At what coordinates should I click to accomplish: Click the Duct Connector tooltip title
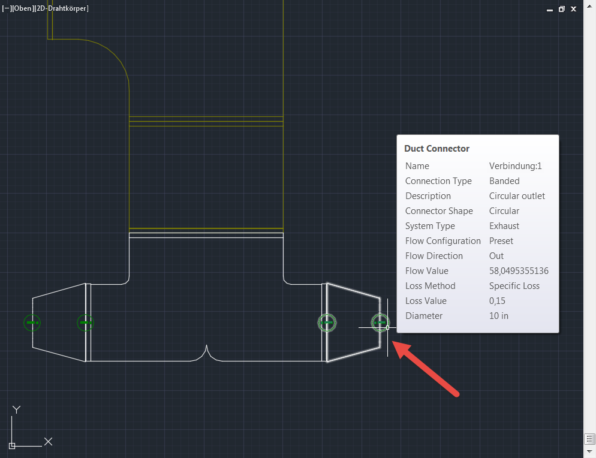(x=437, y=149)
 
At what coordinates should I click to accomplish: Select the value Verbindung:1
(x=516, y=166)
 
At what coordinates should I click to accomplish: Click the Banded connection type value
(x=504, y=181)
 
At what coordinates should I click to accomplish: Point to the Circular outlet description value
(x=517, y=196)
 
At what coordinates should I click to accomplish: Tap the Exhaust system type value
(x=504, y=226)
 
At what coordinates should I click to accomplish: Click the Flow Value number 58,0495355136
(x=519, y=271)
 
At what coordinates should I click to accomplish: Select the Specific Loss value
(x=514, y=286)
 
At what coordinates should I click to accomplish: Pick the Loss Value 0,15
(x=497, y=301)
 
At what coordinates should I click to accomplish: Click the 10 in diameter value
(x=499, y=316)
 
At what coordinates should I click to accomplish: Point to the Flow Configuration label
(x=443, y=241)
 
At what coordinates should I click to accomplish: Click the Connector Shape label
(x=439, y=211)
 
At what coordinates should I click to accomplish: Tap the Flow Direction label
(x=434, y=256)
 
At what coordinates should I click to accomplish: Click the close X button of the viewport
(x=574, y=9)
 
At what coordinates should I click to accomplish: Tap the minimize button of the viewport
(x=550, y=10)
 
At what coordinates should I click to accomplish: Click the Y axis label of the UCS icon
(x=16, y=409)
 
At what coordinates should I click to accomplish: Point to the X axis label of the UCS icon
(x=49, y=442)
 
